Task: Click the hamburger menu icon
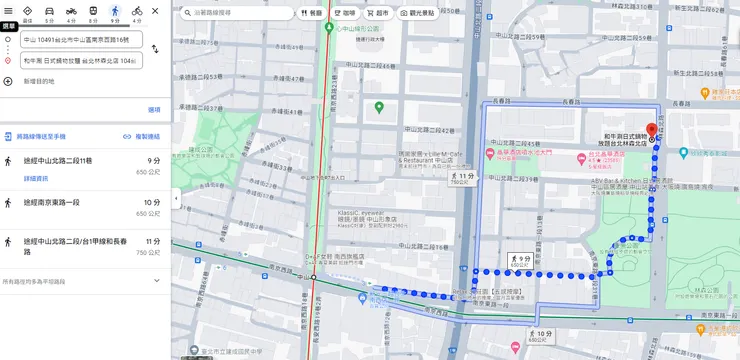9,10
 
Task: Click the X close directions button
155,11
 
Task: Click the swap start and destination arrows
155,49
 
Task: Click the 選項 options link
154,110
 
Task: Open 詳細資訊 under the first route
36,178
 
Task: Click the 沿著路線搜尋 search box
234,13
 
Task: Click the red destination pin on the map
652,130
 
